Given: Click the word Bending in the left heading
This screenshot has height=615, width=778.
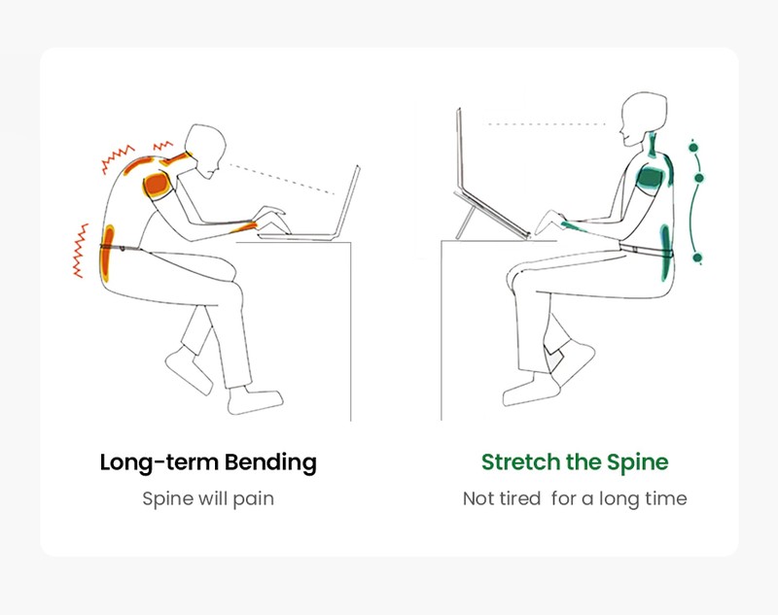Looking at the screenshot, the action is coord(270,462).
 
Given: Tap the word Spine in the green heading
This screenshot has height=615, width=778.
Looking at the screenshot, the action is coord(638,462).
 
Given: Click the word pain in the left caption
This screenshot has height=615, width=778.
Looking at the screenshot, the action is coord(253,499).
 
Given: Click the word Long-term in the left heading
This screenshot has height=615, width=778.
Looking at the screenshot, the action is coord(159,462).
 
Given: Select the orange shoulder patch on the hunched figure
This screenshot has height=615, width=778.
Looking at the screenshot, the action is coord(158,184).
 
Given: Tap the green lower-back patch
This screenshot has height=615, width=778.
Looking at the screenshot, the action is coord(665,252).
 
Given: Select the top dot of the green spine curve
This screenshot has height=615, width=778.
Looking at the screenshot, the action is coord(693,147).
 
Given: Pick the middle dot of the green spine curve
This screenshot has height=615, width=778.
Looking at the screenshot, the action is coord(699,178).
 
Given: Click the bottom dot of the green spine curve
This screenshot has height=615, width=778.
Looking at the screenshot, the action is coord(697,257).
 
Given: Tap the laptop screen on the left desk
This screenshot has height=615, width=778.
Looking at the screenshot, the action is coord(347,202).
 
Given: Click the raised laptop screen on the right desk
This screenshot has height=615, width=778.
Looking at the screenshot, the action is coord(459,152).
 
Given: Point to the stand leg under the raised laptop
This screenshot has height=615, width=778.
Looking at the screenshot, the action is coord(465,223).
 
